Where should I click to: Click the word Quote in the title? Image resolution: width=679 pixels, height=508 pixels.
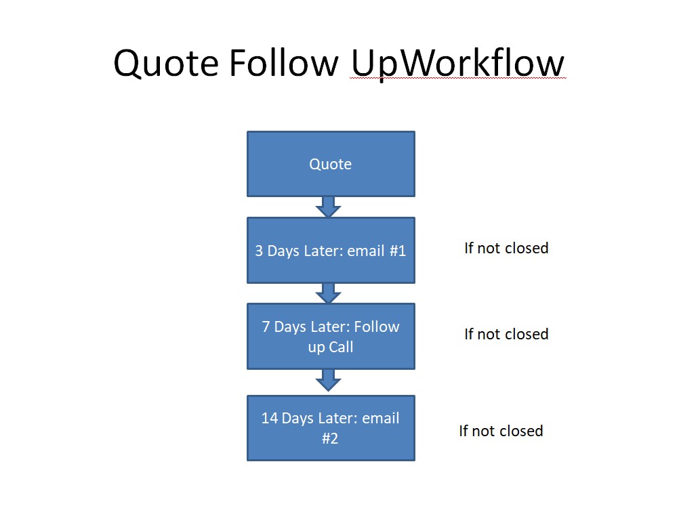(x=166, y=63)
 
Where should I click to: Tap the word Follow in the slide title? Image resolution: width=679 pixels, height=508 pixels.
(x=284, y=62)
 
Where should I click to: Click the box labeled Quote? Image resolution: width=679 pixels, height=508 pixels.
(x=331, y=164)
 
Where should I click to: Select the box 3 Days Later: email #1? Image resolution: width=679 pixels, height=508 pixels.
(x=331, y=251)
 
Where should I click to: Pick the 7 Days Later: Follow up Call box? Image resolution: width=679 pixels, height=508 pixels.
(x=331, y=336)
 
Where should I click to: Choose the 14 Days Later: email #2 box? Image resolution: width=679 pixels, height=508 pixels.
(x=331, y=428)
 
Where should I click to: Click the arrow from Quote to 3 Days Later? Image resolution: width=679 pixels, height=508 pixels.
(x=328, y=207)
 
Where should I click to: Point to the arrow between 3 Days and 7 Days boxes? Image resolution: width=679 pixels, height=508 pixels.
(x=328, y=293)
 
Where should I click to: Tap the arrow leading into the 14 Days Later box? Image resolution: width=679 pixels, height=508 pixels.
(x=328, y=381)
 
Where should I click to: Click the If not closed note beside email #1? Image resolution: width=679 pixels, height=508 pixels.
(x=506, y=248)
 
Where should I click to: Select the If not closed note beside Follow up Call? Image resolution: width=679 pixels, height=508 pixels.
(x=506, y=334)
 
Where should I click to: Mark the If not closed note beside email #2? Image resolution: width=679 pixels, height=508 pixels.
(x=501, y=431)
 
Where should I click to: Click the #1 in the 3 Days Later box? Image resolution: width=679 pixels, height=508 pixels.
(x=398, y=251)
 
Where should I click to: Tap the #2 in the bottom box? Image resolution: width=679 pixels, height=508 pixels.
(x=330, y=438)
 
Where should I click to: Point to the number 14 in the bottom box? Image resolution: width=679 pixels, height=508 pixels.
(x=269, y=418)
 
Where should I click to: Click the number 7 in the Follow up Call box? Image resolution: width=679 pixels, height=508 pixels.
(x=266, y=326)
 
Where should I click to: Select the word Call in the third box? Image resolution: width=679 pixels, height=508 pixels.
(x=342, y=347)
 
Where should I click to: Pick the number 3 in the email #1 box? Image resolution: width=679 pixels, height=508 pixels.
(x=259, y=251)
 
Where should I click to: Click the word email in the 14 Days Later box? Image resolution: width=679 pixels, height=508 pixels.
(x=381, y=418)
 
